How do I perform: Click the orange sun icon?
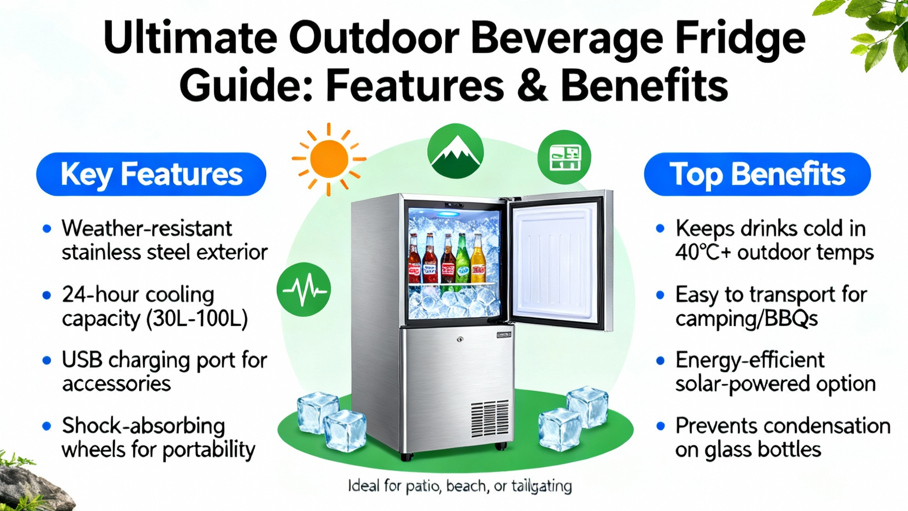pos(329,158)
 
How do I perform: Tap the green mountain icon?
pos(455,151)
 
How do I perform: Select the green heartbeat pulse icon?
pos(304,289)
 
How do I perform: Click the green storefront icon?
pos(564,157)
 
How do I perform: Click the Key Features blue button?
pos(151,174)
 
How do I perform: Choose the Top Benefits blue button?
pos(757,174)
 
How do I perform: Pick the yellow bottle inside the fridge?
pos(478,259)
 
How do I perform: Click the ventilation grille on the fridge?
pos(490,419)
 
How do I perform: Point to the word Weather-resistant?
pos(147,228)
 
